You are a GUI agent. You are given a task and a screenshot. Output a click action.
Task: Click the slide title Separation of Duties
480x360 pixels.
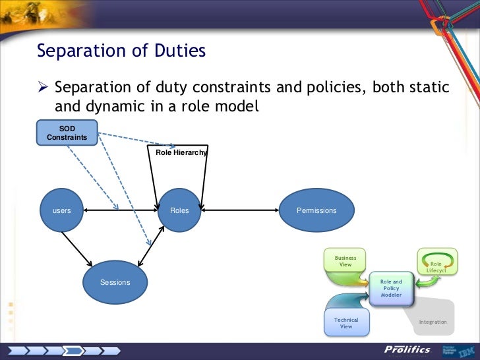coord(121,51)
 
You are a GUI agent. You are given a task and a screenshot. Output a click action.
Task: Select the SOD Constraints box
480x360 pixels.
coord(67,133)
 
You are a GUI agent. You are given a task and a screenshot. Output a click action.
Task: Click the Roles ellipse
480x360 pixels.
coord(179,210)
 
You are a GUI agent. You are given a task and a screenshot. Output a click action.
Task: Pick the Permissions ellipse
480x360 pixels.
coord(316,210)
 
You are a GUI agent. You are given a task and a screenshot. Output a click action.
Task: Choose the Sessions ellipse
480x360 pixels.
coord(115,282)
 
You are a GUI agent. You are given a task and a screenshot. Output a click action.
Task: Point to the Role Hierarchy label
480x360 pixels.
coord(181,152)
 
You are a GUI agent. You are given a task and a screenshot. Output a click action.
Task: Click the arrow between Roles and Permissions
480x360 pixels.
coord(241,210)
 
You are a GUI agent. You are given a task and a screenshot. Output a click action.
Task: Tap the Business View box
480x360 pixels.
coord(345,261)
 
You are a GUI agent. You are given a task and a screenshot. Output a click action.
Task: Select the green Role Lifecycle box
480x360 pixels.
coord(436,263)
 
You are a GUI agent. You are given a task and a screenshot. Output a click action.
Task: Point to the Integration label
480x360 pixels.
coord(433,322)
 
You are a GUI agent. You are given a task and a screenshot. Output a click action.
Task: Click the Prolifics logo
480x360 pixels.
coord(407,349)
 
